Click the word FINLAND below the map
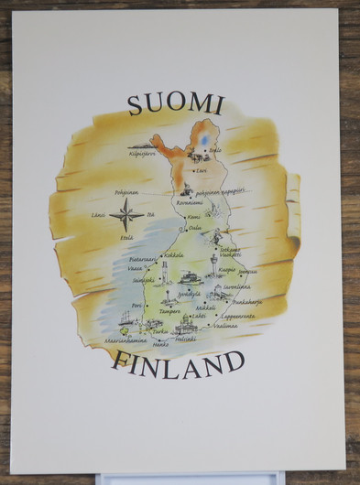point(179,363)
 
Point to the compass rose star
point(126,218)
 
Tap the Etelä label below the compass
point(126,238)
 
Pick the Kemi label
point(193,218)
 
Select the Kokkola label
point(173,255)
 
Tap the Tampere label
point(169,311)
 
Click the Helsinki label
point(185,339)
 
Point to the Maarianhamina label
point(125,340)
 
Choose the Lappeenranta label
point(236,316)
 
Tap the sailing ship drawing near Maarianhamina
point(125,318)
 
